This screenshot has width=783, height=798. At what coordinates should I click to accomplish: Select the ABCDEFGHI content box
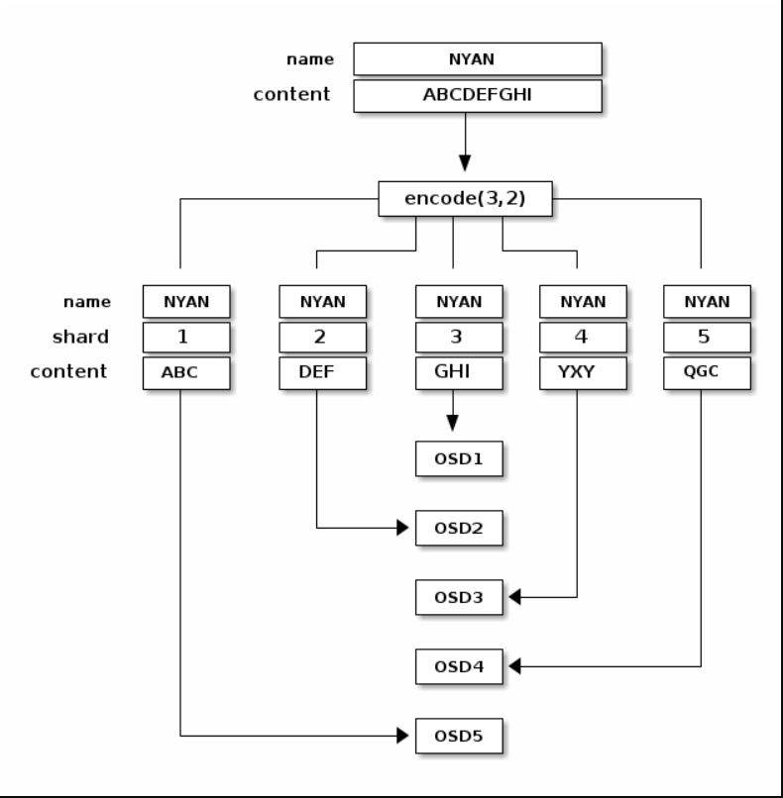[x=478, y=96]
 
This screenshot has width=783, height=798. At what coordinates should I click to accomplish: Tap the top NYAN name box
[x=478, y=59]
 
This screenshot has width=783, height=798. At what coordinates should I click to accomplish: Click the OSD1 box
[x=459, y=458]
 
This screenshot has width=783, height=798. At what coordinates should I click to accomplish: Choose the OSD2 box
[x=459, y=528]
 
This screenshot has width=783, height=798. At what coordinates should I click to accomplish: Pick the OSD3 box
[x=459, y=597]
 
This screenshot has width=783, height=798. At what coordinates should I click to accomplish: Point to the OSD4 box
[x=459, y=666]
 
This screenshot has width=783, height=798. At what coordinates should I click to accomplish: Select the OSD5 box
[x=459, y=736]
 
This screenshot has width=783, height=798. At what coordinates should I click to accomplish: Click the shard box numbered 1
[x=186, y=337]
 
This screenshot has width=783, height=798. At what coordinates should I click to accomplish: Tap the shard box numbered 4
[x=583, y=337]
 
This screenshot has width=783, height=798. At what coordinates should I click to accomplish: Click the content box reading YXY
[x=583, y=373]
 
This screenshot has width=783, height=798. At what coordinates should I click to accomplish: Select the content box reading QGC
[x=707, y=373]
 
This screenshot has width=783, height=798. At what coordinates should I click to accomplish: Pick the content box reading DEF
[x=322, y=373]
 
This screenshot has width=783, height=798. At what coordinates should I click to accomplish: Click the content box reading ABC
[x=186, y=373]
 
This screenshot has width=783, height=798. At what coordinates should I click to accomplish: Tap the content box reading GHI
[x=459, y=373]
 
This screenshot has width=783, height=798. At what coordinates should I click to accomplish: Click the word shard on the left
[x=80, y=337]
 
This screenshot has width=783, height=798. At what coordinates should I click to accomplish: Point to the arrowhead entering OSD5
[x=402, y=736]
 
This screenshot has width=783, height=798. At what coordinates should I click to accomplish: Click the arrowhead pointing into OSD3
[x=514, y=597]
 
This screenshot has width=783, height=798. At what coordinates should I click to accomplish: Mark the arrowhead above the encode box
[x=465, y=163]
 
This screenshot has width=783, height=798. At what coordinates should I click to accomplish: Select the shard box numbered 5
[x=707, y=337]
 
